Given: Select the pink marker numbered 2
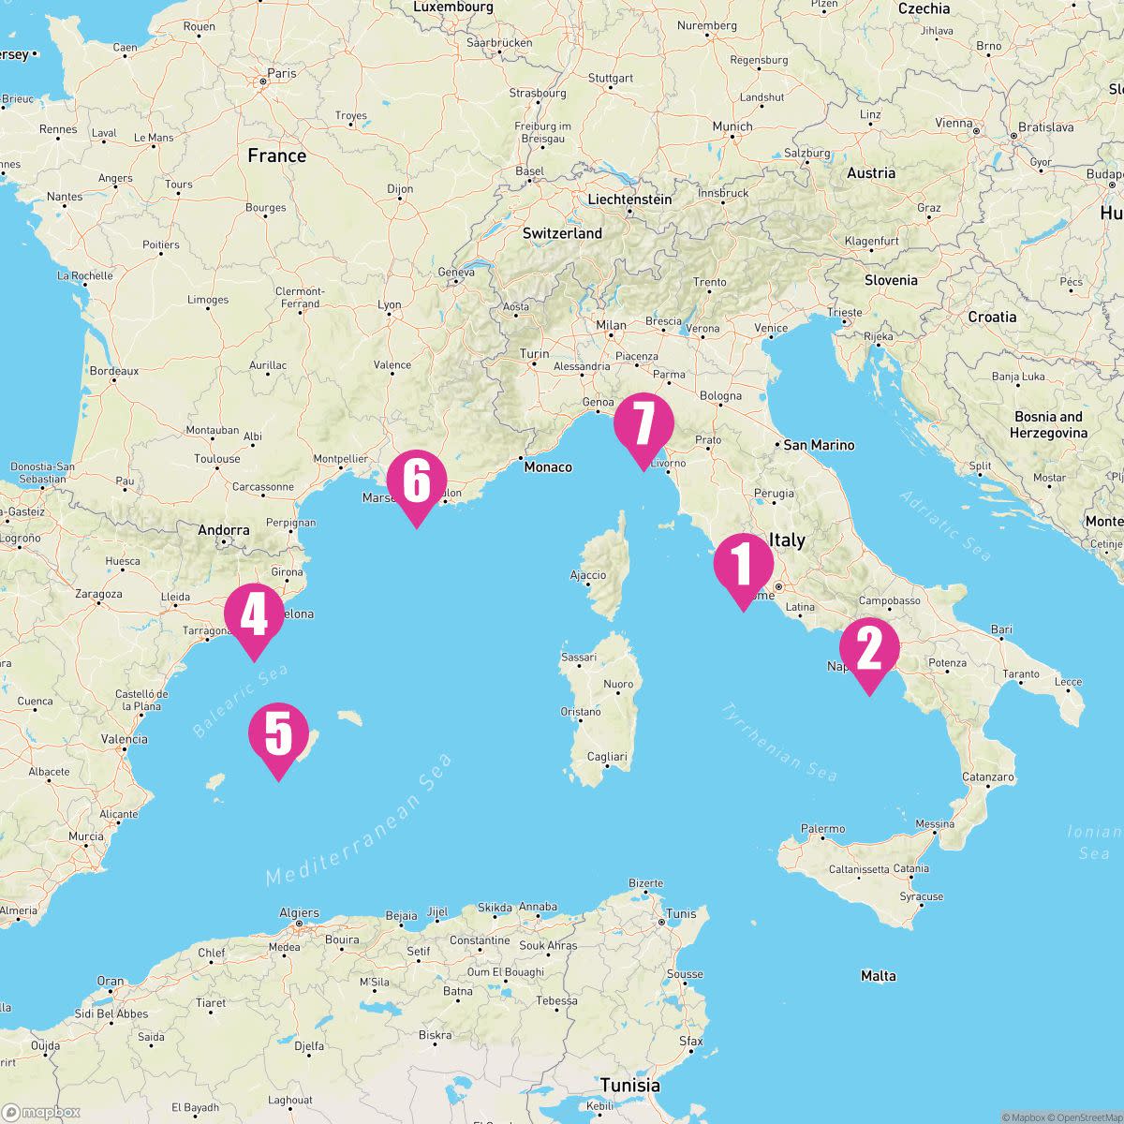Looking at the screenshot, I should pyautogui.click(x=869, y=650).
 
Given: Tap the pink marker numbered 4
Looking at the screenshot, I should pyautogui.click(x=254, y=616).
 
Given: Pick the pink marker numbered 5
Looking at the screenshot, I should pyautogui.click(x=278, y=734).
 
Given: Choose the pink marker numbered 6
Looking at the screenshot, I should pyautogui.click(x=416, y=481).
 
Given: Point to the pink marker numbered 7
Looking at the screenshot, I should pyautogui.click(x=643, y=424).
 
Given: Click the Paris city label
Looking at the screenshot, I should pyautogui.click(x=281, y=73).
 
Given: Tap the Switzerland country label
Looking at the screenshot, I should pyautogui.click(x=562, y=233).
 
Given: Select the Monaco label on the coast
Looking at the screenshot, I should pyautogui.click(x=547, y=466).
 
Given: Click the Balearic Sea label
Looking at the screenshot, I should pyautogui.click(x=240, y=702).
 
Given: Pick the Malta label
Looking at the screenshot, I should pyautogui.click(x=878, y=976).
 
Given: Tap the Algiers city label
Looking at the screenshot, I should pyautogui.click(x=299, y=913).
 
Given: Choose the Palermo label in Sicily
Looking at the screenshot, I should pyautogui.click(x=823, y=829).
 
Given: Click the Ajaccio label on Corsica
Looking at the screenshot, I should pyautogui.click(x=587, y=575).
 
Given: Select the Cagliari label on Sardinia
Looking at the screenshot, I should pyautogui.click(x=606, y=757).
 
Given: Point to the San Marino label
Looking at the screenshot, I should pyautogui.click(x=819, y=445).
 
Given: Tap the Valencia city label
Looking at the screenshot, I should pyautogui.click(x=124, y=739).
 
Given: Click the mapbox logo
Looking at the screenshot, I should pyautogui.click(x=41, y=1112).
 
